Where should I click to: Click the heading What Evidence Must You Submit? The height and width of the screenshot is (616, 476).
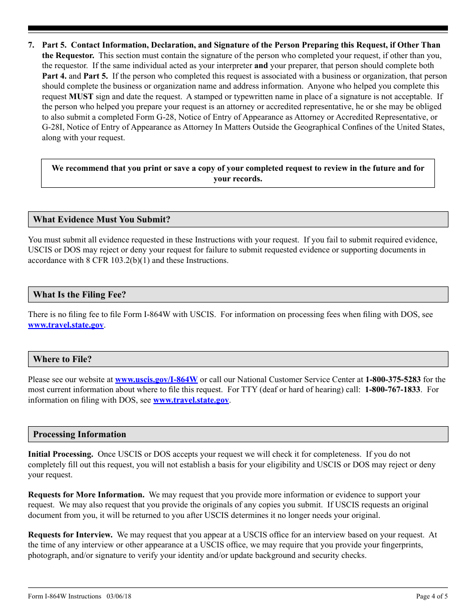tap(102, 219)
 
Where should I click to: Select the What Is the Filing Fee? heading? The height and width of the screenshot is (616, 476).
tap(80, 294)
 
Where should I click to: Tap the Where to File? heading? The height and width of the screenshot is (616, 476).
tap(63, 359)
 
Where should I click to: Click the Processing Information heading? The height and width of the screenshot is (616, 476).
tap(80, 434)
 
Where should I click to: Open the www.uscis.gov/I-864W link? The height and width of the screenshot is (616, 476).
tap(156, 380)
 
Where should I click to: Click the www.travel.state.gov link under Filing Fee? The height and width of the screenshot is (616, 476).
tap(66, 325)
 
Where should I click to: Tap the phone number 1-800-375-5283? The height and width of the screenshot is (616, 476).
tap(393, 380)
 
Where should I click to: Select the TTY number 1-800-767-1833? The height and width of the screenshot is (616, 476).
tap(392, 390)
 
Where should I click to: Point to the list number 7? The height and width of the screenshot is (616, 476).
tap(31, 45)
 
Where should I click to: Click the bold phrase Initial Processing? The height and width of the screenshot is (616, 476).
tap(61, 454)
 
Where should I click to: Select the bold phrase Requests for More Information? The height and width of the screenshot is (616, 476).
tap(86, 495)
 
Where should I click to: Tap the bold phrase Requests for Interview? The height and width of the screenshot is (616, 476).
tap(70, 535)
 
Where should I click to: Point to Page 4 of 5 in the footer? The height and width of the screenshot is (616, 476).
tap(432, 596)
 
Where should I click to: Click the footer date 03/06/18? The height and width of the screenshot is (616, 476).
tap(119, 596)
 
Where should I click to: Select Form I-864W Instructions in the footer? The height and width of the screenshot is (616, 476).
tap(65, 596)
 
